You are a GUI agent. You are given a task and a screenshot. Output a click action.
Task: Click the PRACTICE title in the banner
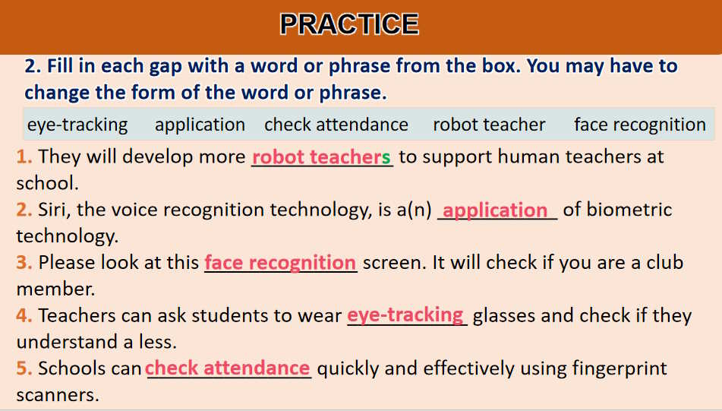tap(349, 24)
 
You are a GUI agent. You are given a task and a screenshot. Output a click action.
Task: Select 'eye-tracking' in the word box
tap(77, 125)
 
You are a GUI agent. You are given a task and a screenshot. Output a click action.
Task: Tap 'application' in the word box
tap(200, 125)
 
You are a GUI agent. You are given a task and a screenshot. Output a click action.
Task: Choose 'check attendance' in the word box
tap(336, 125)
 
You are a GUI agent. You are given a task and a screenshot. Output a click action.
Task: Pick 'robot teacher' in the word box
tap(489, 125)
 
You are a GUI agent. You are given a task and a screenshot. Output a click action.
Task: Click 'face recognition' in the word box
tap(640, 125)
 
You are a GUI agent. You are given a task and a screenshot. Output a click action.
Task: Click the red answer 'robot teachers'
tap(321, 157)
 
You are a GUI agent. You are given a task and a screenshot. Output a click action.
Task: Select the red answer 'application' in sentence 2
tap(495, 210)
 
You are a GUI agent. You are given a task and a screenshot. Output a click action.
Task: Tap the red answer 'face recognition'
tap(280, 263)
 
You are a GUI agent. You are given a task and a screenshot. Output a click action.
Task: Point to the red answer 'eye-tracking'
tap(405, 315)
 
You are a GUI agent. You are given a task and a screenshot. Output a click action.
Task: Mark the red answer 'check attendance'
tap(228, 368)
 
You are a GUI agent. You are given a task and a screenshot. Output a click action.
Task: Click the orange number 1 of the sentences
tap(24, 157)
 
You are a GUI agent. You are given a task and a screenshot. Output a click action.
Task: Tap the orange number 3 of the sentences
tap(24, 263)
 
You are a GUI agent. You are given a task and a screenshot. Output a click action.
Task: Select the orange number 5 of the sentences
tap(24, 368)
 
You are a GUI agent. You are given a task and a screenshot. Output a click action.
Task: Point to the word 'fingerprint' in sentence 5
tap(620, 369)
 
